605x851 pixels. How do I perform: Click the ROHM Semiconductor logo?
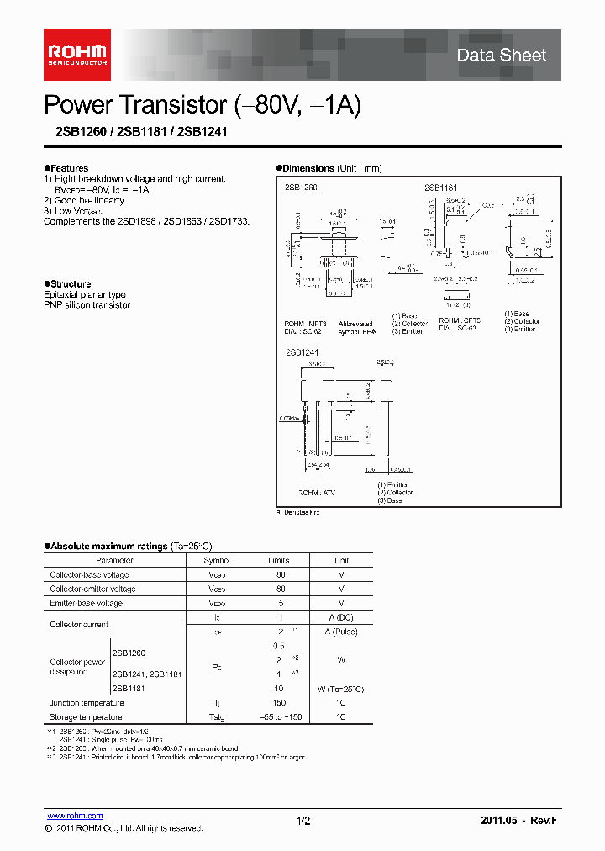point(76,55)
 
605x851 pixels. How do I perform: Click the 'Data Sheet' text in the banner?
point(501,55)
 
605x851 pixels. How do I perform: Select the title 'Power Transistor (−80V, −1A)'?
point(203,105)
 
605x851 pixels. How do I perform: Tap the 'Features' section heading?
point(68,168)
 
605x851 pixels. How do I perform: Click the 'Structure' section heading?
point(70,284)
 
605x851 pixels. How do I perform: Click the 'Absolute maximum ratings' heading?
point(108,546)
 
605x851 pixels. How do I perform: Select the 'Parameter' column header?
point(114,561)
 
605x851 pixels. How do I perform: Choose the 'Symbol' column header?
point(217,561)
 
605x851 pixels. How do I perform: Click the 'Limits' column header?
point(279,561)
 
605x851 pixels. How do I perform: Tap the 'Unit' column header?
point(342,561)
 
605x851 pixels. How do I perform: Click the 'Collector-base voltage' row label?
point(89,575)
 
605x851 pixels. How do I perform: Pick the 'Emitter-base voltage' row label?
point(87,604)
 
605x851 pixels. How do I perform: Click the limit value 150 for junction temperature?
point(279,703)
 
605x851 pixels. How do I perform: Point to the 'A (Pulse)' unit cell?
point(342,631)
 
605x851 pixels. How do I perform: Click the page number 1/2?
point(303,820)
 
